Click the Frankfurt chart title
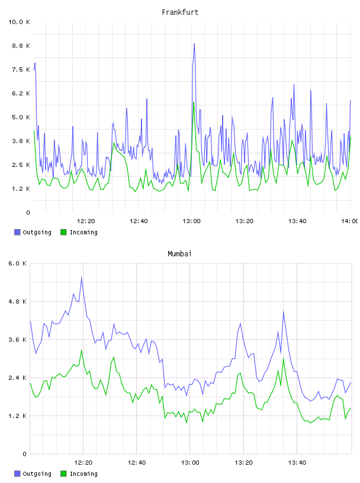[180, 12]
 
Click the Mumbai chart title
[179, 254]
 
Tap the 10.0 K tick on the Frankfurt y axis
[19, 22]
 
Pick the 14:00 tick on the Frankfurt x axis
[350, 221]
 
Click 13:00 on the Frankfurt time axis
[191, 221]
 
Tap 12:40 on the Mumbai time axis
[137, 463]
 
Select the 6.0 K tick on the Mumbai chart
[18, 263]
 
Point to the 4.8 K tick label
[18, 301]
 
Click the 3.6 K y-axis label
[18, 340]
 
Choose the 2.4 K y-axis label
[18, 378]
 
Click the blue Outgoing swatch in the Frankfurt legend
[17, 232]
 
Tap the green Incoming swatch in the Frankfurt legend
[63, 232]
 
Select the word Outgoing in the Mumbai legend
[37, 474]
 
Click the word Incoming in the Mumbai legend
[83, 474]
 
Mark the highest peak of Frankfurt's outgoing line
[194, 44]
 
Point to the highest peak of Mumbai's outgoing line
[82, 277]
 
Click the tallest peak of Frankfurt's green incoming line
[194, 102]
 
